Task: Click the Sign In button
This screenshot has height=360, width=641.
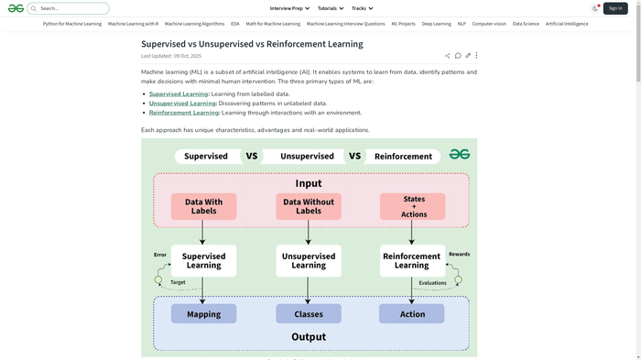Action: (615, 8)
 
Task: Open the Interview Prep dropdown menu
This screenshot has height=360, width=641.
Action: (289, 8)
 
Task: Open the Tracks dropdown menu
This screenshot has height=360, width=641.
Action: (363, 8)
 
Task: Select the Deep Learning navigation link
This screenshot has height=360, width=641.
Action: (436, 24)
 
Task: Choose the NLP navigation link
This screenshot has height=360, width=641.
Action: (462, 24)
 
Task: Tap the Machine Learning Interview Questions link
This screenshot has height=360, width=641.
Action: (345, 24)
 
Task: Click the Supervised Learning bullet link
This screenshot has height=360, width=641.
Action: (179, 93)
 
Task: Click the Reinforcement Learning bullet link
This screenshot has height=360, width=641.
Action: (184, 113)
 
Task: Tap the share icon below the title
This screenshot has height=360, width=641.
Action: (448, 56)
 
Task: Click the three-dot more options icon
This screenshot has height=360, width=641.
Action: (476, 56)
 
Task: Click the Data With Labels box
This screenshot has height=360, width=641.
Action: (203, 207)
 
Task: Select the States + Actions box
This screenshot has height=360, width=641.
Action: (413, 207)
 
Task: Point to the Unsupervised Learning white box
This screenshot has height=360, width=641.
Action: (309, 260)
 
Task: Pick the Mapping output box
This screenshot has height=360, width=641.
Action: (203, 314)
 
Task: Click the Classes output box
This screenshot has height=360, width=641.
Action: (309, 314)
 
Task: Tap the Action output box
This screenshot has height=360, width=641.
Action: (412, 314)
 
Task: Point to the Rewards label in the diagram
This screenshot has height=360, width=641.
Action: (459, 254)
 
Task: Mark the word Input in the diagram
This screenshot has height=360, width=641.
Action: (309, 183)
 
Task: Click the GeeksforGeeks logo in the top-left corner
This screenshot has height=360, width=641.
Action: (16, 8)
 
